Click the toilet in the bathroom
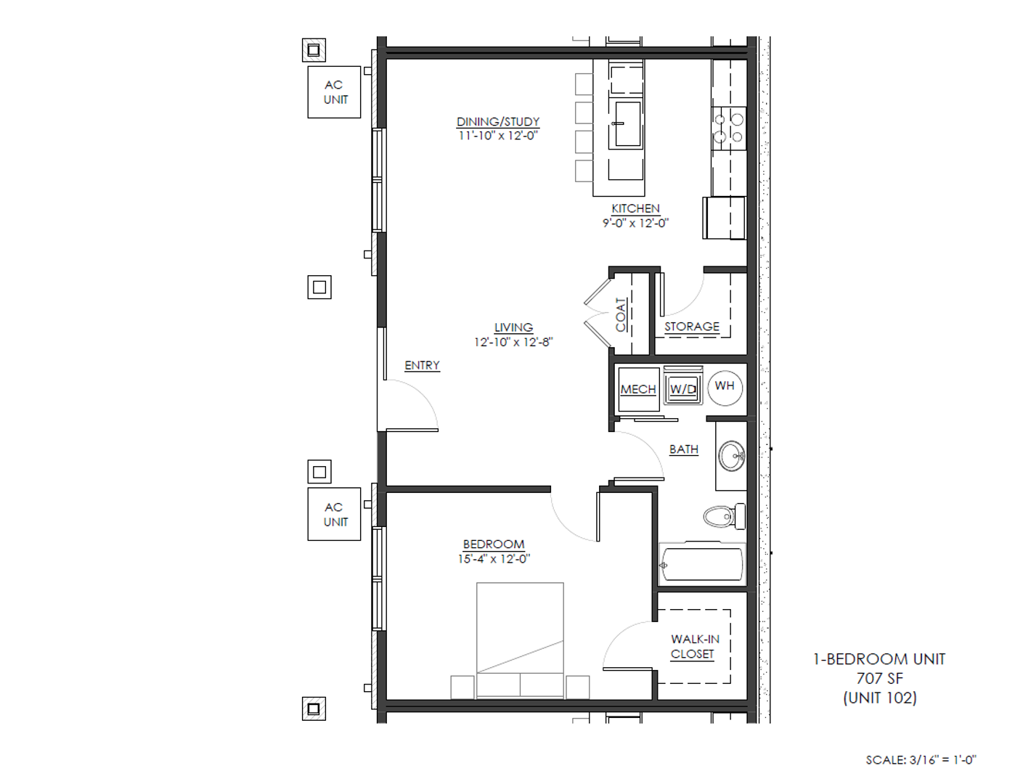point(725,516)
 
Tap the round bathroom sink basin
point(731,456)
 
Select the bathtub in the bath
point(702,564)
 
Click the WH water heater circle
point(725,386)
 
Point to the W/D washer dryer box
point(683,385)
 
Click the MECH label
point(638,389)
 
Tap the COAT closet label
point(621,315)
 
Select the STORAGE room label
point(692,327)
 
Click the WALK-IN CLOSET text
point(695,646)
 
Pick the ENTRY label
point(423,365)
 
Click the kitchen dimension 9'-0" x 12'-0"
point(635,223)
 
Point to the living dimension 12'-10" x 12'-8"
point(513,342)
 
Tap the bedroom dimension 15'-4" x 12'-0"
point(494,559)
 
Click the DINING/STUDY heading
point(498,122)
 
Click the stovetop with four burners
point(729,128)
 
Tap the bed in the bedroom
point(520,640)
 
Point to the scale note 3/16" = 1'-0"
point(921,760)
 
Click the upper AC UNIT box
point(334,92)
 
